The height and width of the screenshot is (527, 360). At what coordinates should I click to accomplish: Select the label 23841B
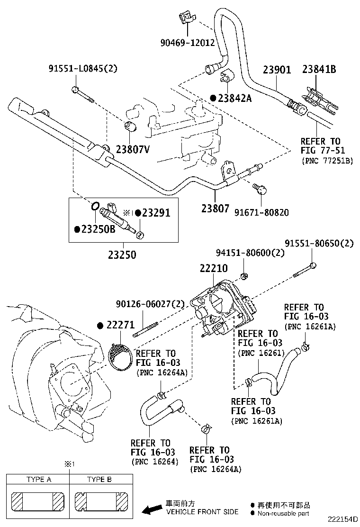[x=319, y=70]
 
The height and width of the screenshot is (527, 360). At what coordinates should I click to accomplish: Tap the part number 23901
[x=277, y=70]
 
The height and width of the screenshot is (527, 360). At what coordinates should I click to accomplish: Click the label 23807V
[x=132, y=150]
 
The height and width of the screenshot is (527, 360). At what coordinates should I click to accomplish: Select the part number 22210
[x=214, y=268]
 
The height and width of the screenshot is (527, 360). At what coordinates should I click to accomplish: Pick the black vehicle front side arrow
[x=152, y=509]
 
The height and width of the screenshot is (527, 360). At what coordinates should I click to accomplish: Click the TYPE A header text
[x=39, y=479]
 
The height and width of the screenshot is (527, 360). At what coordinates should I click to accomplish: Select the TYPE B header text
[x=99, y=479]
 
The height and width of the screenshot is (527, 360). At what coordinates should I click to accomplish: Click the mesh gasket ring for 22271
[x=121, y=355]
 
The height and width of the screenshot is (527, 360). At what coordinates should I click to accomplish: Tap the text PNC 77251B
[x=327, y=161]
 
